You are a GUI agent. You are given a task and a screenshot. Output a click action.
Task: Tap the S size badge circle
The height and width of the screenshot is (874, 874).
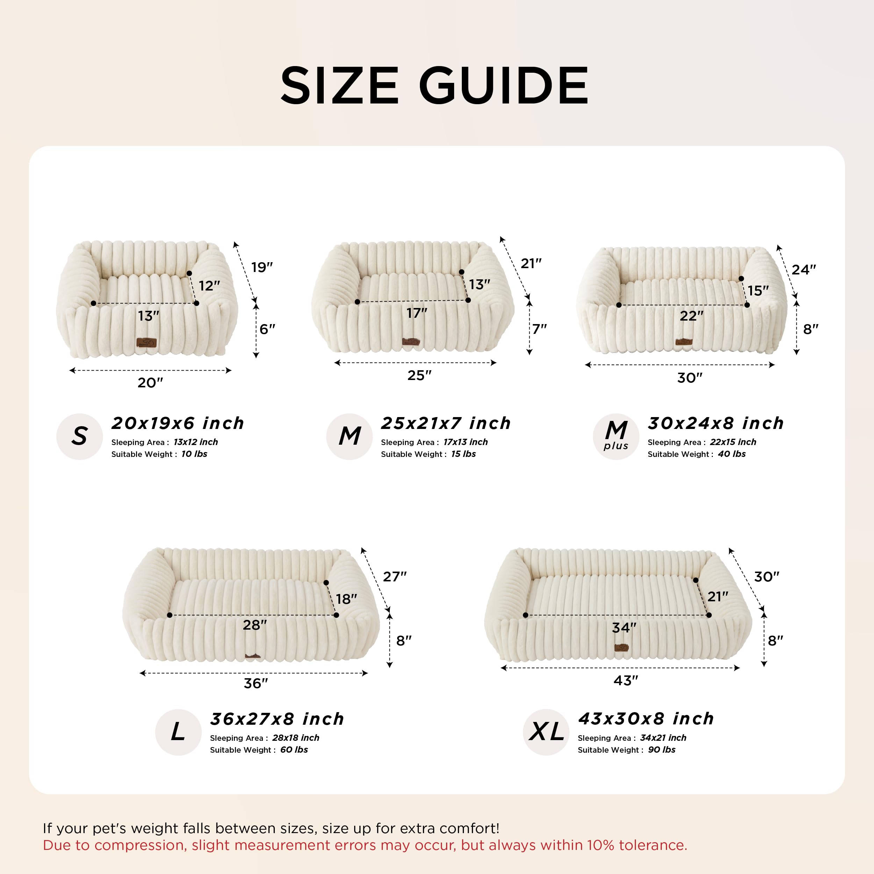80,437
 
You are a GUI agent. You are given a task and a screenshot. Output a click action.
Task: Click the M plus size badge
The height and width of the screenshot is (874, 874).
616,437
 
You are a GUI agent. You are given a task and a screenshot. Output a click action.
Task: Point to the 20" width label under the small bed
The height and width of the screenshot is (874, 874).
150,383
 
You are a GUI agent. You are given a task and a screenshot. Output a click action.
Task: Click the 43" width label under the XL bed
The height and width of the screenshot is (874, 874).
626,680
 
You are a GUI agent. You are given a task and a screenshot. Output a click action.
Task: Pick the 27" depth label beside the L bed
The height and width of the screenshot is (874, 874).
394,577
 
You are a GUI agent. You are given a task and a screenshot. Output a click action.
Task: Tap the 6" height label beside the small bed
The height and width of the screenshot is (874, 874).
267,329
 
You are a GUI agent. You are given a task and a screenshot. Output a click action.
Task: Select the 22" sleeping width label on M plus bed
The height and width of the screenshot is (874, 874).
691,316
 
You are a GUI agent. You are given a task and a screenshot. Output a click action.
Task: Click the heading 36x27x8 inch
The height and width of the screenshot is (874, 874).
277,719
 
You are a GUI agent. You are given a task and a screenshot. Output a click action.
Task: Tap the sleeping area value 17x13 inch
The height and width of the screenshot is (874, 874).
466,442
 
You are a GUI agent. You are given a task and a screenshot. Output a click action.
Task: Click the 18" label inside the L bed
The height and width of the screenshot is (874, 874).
346,600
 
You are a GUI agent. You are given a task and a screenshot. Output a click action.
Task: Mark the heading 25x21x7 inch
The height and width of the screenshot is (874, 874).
446,423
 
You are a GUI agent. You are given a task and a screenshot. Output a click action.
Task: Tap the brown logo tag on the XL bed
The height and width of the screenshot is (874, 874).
621,648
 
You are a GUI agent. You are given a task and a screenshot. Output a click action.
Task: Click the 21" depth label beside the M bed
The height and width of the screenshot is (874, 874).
531,263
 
